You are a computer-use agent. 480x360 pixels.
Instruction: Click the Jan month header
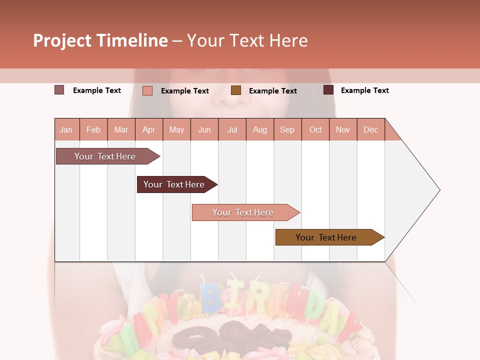pyautogui.click(x=66, y=129)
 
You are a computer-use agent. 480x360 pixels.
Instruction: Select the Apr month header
pyautogui.click(x=148, y=129)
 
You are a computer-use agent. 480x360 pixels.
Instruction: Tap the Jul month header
pyautogui.click(x=232, y=129)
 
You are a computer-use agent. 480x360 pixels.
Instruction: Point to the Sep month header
pyautogui.click(x=287, y=129)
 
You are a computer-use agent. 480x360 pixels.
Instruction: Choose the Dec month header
pyautogui.click(x=370, y=129)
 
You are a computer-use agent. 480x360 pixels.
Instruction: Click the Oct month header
pyautogui.click(x=315, y=129)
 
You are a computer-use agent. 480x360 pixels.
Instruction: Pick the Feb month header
pyautogui.click(x=93, y=129)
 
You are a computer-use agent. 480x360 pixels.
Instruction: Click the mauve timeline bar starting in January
pyautogui.click(x=105, y=156)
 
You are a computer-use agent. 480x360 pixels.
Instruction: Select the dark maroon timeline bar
pyautogui.click(x=174, y=184)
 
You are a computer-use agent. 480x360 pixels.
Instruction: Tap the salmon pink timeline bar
pyautogui.click(x=243, y=212)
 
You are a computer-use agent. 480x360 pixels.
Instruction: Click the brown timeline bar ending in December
pyautogui.click(x=326, y=237)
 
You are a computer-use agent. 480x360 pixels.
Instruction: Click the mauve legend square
pyautogui.click(x=59, y=90)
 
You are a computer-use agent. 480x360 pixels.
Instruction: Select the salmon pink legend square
pyautogui.click(x=147, y=90)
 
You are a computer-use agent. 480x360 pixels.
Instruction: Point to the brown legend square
pyautogui.click(x=236, y=90)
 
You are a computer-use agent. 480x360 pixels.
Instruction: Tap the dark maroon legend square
pyautogui.click(x=328, y=90)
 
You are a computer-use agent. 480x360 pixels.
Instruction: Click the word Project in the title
pyautogui.click(x=61, y=40)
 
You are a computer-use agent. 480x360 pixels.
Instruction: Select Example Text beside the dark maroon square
pyautogui.click(x=364, y=90)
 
